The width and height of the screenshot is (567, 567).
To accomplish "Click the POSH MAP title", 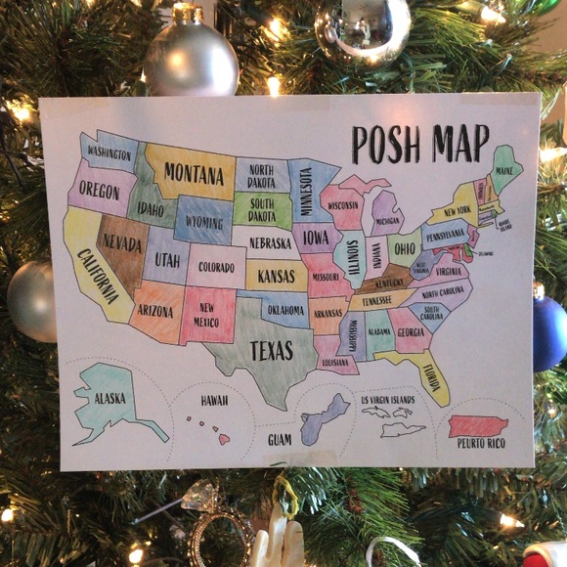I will click(x=420, y=143).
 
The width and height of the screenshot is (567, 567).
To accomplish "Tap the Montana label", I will click(x=194, y=173).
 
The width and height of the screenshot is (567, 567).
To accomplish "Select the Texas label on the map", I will click(x=271, y=350).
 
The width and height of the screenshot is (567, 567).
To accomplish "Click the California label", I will click(x=98, y=280).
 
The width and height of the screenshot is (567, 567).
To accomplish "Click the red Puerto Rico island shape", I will click(x=478, y=426).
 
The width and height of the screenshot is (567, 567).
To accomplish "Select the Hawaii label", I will click(x=214, y=401).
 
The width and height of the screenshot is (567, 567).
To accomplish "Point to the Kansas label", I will click(x=276, y=277).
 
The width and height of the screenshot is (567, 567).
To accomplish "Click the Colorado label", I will click(x=217, y=266).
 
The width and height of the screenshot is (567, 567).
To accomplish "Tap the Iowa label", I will click(x=316, y=237).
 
